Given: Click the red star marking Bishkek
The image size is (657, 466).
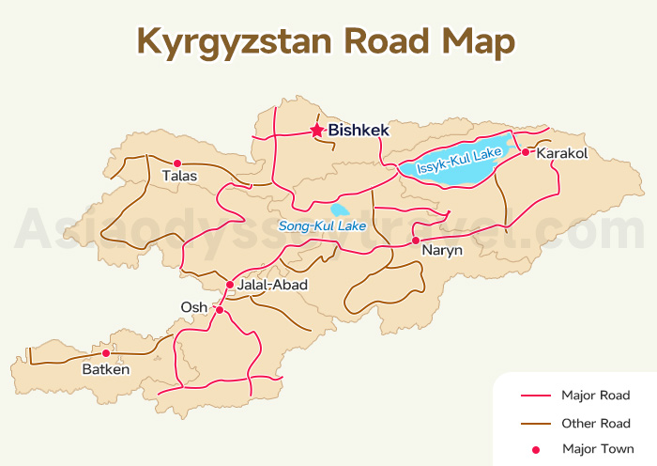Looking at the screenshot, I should click(x=317, y=131).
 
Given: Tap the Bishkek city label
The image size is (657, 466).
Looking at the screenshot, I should click(x=359, y=132).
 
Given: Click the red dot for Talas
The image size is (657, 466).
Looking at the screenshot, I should click(x=177, y=163).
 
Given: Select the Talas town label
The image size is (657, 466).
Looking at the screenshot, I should click(x=179, y=177).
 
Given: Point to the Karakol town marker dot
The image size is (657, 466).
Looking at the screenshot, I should click(x=526, y=151).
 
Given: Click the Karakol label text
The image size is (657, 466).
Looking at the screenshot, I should click(x=560, y=153).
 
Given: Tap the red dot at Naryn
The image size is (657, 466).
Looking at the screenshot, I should click(x=415, y=240).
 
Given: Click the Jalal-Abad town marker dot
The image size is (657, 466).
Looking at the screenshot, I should click(x=229, y=285).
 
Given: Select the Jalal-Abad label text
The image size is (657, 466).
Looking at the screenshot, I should click(x=273, y=285).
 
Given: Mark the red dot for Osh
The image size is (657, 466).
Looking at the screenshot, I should click(x=220, y=309).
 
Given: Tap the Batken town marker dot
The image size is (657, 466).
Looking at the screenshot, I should click(x=106, y=353).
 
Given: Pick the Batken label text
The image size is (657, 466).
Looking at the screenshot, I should click(x=106, y=370).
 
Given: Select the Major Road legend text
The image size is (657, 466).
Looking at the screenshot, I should click(x=595, y=396).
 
